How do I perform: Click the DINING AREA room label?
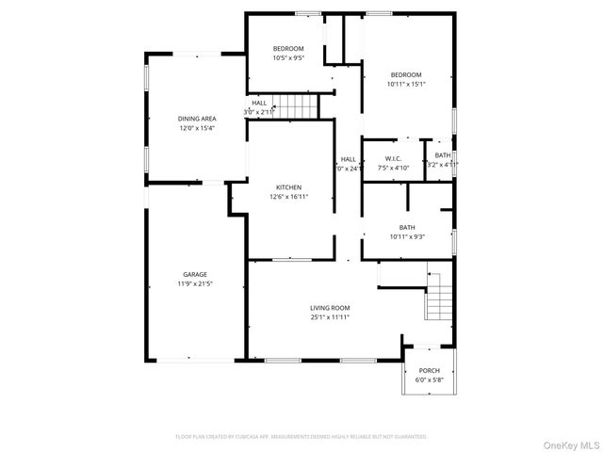coord(196,119)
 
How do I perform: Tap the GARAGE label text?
coord(195,274)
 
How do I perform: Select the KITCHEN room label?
coord(288,186)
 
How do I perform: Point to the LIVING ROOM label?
coord(330,308)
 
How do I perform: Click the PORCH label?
coord(429,370)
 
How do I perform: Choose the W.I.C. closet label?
coord(393,158)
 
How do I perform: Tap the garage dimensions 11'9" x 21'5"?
coord(195,283)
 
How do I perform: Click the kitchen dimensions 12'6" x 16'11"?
coord(288,197)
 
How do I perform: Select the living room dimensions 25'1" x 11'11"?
coord(330,317)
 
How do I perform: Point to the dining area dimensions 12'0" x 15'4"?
coord(196,128)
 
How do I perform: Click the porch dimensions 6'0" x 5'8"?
coord(429,380)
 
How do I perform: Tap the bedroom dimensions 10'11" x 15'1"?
coord(407,84)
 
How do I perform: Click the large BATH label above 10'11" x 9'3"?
coord(407,227)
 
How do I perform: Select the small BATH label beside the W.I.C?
coord(442,155)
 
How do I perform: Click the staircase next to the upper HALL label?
coord(300,105)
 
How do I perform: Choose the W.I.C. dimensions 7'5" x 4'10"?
coord(393,168)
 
